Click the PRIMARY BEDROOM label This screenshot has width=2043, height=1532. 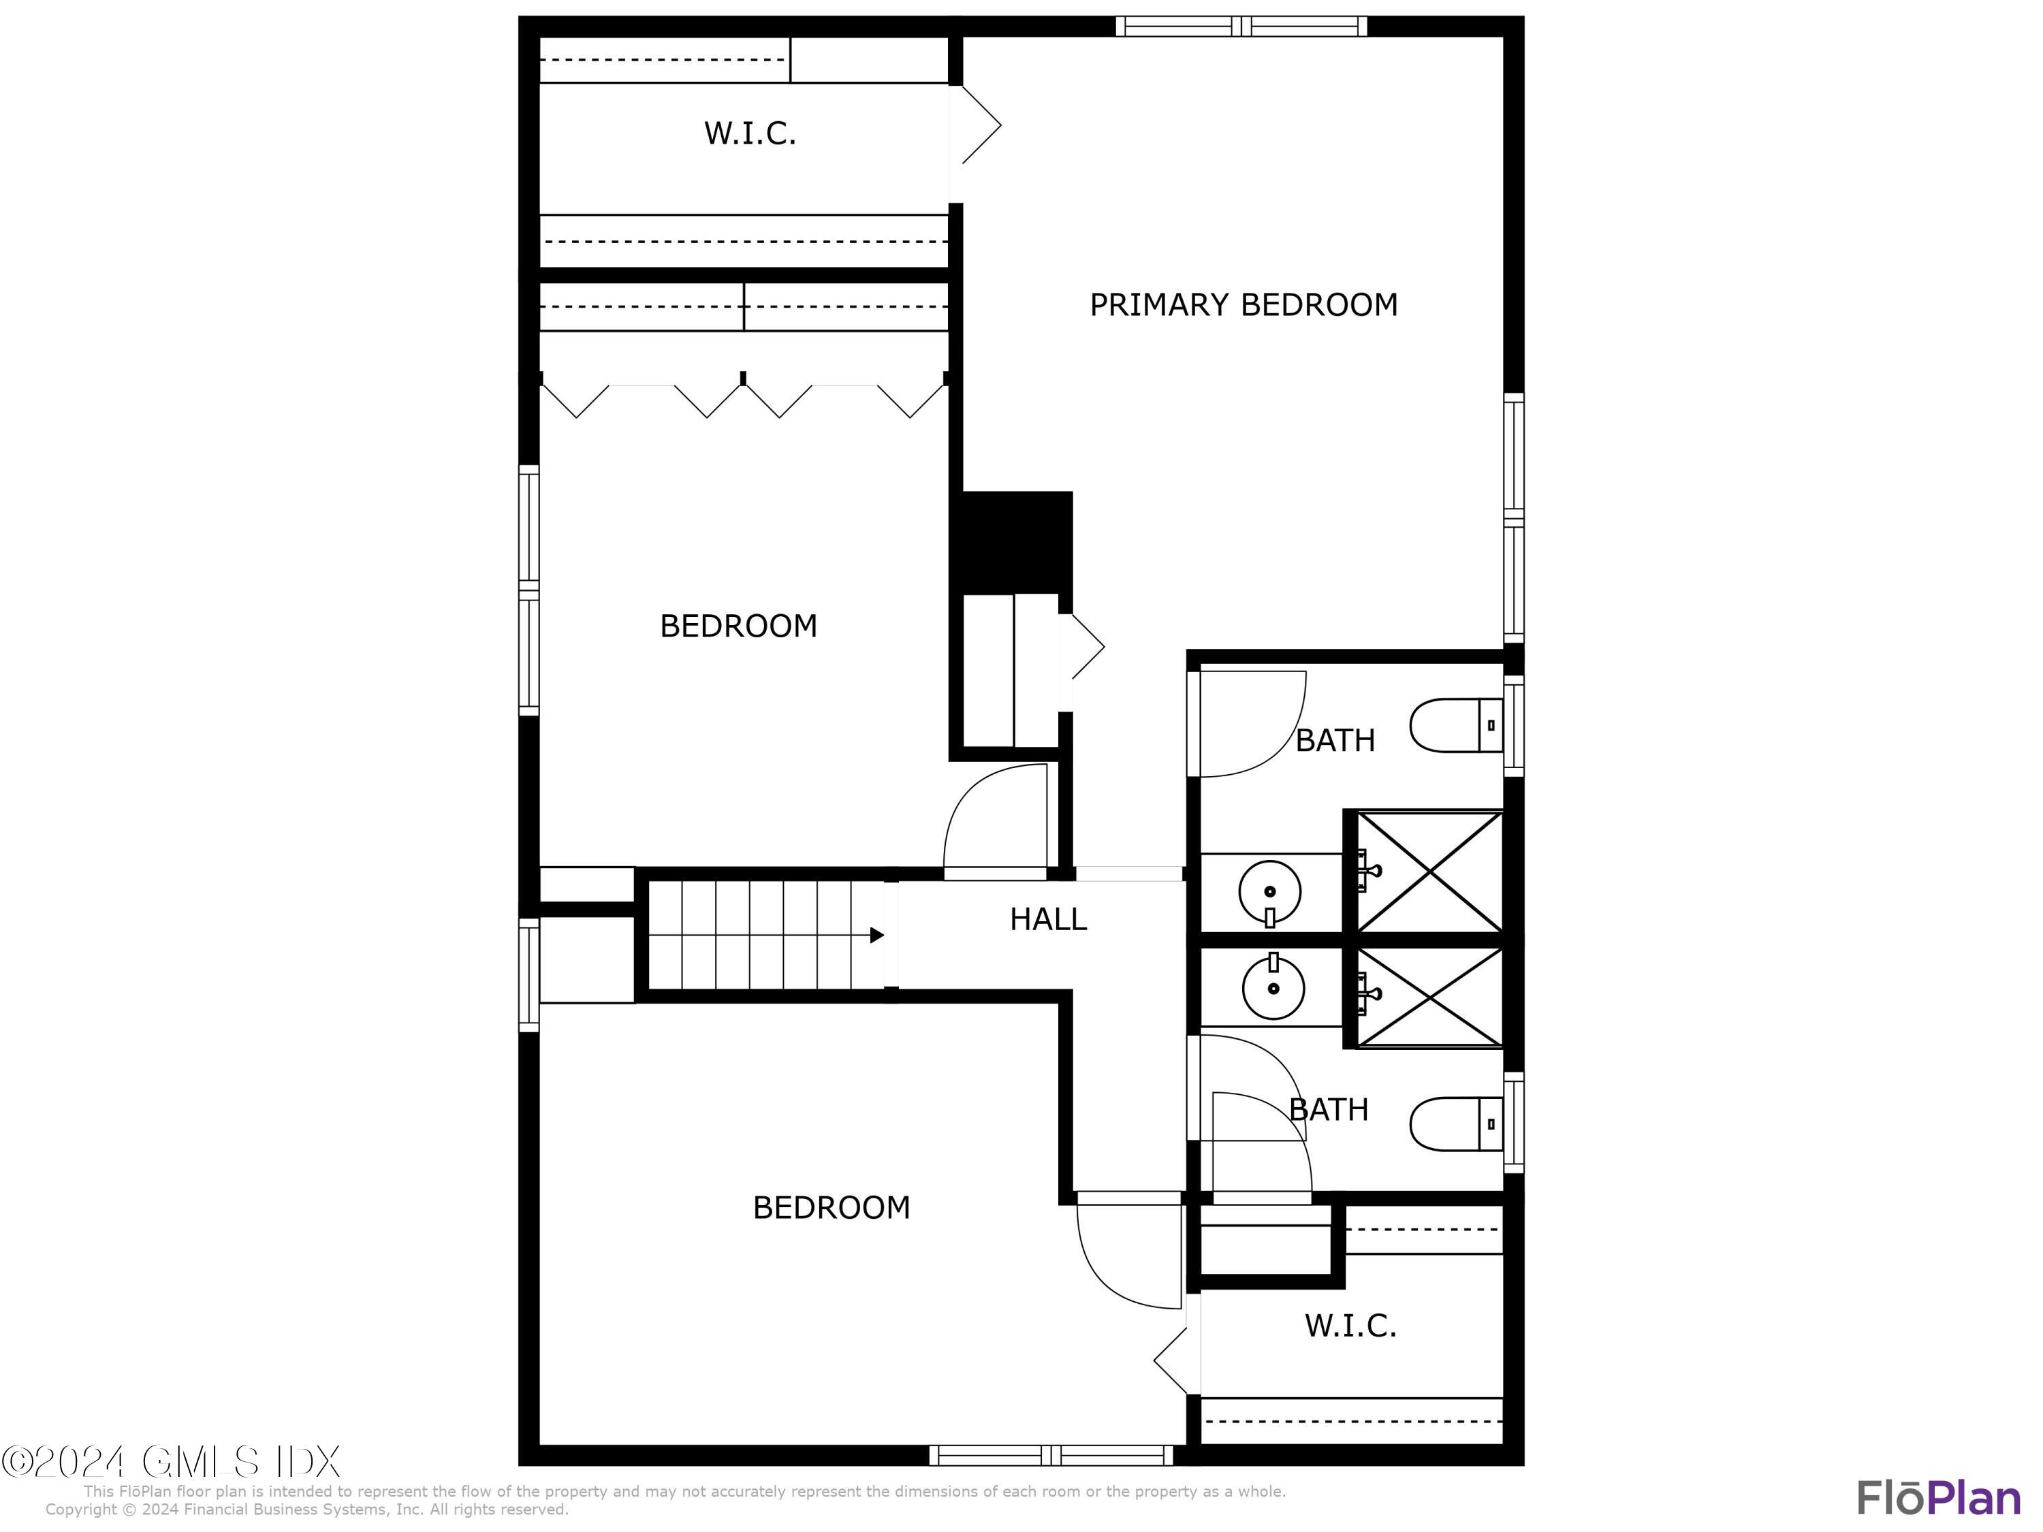[1243, 305]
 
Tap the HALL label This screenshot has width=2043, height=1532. [1047, 919]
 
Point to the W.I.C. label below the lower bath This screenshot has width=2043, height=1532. [1350, 1326]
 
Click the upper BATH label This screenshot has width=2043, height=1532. [1335, 739]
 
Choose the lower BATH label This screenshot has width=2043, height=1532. [1328, 1109]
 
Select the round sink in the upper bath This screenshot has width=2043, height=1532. [1270, 892]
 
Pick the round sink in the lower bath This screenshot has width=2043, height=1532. [1273, 988]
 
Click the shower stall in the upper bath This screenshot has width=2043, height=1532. [1429, 872]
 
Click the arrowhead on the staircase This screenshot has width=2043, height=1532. [876, 936]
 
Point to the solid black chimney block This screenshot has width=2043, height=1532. [1016, 542]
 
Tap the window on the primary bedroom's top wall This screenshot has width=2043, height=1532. [1241, 27]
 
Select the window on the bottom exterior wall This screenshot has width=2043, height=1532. [1051, 1455]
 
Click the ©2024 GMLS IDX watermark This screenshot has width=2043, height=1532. [171, 1462]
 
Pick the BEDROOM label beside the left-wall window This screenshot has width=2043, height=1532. [738, 626]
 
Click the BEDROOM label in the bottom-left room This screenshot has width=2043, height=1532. [832, 1208]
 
